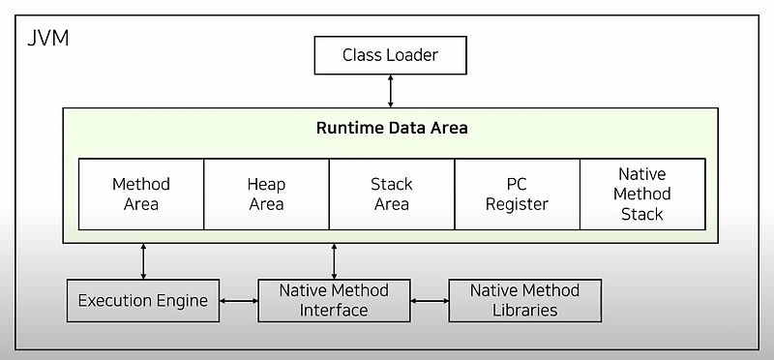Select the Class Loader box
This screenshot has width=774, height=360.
click(x=390, y=55)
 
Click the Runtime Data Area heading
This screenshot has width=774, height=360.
click(x=392, y=128)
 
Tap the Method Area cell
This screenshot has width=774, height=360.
click(x=141, y=194)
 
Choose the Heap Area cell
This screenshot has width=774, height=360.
click(x=266, y=194)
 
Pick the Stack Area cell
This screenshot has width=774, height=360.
click(x=392, y=194)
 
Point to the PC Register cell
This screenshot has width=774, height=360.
click(x=517, y=194)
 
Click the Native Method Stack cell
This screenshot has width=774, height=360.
click(x=642, y=194)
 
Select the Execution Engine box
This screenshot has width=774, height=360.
click(x=143, y=301)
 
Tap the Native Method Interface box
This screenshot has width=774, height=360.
click(x=334, y=301)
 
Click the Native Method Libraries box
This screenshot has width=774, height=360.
click(x=524, y=301)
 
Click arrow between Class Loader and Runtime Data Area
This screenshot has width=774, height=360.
click(x=391, y=91)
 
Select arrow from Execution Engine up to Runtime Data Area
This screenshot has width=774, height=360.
click(x=143, y=260)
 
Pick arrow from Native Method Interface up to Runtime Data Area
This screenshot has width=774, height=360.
click(x=334, y=260)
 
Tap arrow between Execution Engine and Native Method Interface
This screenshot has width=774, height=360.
click(x=239, y=301)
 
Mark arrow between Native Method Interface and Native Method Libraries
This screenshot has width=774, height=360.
click(x=430, y=301)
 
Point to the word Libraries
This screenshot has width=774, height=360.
click(x=524, y=311)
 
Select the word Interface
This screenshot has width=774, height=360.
click(x=334, y=311)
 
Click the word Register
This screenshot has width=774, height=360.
click(x=517, y=204)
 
